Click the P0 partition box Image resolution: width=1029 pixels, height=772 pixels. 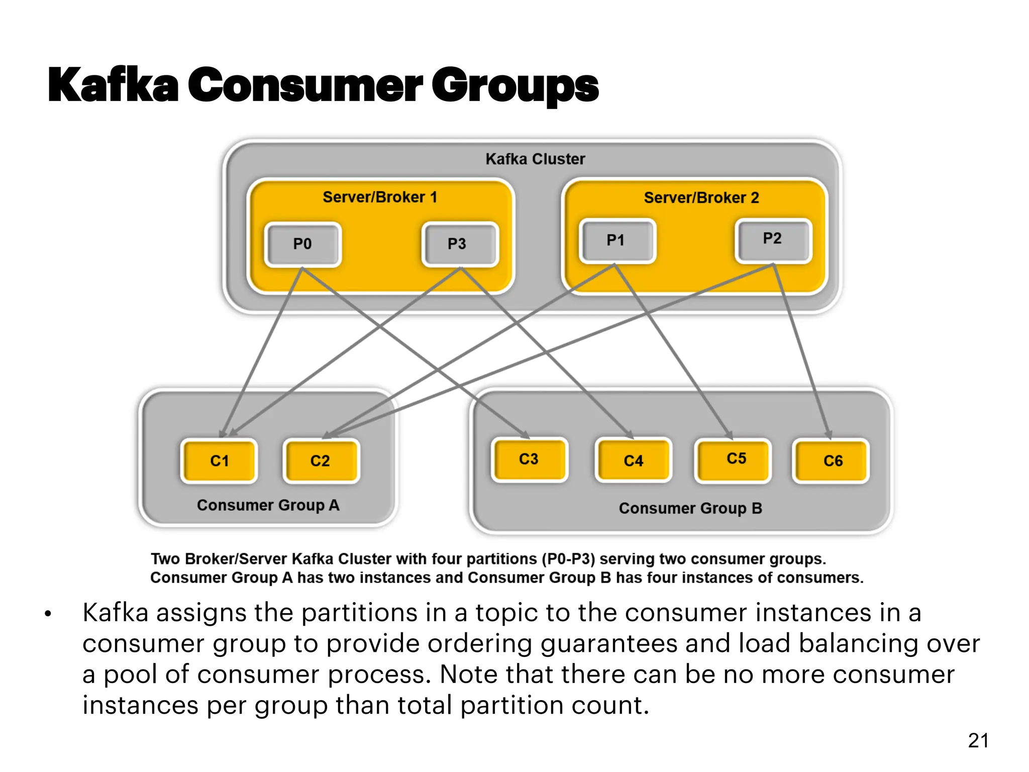[302, 244]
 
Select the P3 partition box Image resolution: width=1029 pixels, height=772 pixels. [460, 244]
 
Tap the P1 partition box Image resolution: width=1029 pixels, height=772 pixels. [617, 241]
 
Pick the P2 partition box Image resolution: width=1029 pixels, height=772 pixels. [773, 239]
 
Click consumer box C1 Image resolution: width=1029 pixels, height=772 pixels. [219, 461]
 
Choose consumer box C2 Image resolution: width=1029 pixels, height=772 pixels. [321, 461]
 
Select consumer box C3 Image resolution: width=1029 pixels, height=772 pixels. [529, 459]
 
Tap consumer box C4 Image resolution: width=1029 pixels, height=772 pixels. [633, 461]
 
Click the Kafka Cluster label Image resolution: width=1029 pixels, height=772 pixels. [535, 159]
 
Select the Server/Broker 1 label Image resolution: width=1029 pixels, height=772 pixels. [380, 197]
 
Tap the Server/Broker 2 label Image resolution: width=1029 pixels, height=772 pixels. [701, 198]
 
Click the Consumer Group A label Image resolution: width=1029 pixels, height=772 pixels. [268, 505]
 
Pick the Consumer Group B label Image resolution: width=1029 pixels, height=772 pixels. [690, 509]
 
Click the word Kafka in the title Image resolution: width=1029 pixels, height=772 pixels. [113, 85]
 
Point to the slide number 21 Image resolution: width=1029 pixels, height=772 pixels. [978, 740]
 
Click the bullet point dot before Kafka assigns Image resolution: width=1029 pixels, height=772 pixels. [48, 614]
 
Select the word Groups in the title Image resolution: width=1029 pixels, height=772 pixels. [515, 86]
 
